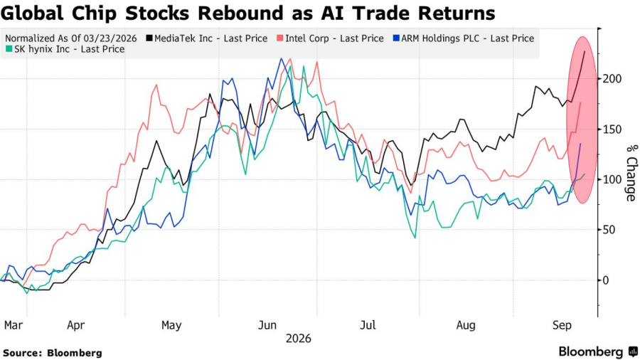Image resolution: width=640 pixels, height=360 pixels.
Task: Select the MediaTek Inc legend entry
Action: (207, 38)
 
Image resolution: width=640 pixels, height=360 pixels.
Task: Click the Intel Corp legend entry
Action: (330, 38)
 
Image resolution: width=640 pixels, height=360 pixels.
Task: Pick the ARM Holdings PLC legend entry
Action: (463, 38)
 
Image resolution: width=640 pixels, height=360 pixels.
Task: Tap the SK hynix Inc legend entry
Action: (65, 49)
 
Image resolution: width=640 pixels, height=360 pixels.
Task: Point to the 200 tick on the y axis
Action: (612, 79)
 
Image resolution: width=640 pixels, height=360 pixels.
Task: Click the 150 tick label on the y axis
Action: (612, 129)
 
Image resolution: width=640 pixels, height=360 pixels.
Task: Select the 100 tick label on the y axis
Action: (612, 179)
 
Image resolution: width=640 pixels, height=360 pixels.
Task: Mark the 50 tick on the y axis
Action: (609, 230)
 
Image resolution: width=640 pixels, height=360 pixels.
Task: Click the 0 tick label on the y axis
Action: (606, 280)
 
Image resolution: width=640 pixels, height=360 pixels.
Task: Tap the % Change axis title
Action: (631, 173)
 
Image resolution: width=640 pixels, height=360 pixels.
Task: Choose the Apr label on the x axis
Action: (75, 325)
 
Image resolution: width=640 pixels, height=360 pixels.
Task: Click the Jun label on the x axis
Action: (267, 325)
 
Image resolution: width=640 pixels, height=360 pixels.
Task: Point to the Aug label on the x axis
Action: (466, 325)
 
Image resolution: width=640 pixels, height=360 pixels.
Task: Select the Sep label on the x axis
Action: (562, 325)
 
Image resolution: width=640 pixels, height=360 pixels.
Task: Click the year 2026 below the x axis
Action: (299, 339)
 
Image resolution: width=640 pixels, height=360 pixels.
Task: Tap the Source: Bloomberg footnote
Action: (53, 353)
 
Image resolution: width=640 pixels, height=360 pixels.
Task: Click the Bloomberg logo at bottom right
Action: (598, 352)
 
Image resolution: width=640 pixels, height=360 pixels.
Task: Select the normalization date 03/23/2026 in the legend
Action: (110, 38)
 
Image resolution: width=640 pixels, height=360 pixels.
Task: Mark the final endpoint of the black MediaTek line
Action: (585, 51)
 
